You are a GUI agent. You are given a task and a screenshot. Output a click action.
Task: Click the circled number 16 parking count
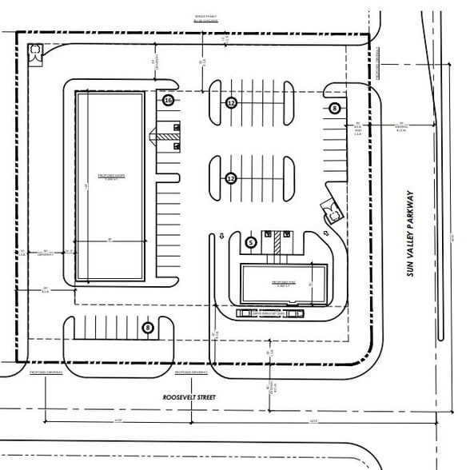click(x=168, y=101)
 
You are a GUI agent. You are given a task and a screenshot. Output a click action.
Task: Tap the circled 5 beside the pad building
click(x=250, y=241)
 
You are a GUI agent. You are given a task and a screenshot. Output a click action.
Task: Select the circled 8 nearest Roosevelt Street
click(x=148, y=327)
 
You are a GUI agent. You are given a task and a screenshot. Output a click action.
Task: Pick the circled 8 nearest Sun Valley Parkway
click(x=335, y=108)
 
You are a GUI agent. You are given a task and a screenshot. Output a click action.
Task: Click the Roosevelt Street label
click(x=189, y=396)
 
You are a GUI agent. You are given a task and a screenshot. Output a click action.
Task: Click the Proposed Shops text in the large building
click(x=109, y=176)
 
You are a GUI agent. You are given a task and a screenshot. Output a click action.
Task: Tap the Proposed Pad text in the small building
click(x=284, y=284)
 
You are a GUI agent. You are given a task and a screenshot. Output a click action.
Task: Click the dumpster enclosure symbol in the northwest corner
click(x=36, y=53)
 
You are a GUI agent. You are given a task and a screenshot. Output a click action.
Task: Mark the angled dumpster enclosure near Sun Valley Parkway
click(x=331, y=212)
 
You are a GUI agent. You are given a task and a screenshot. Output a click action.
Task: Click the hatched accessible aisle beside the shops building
click(x=165, y=137)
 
